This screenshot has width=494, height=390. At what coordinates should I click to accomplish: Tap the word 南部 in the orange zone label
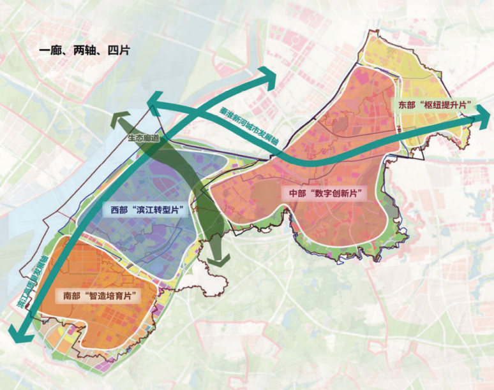tap(75, 296)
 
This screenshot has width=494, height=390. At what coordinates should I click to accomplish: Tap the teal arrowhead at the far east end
tap(481, 119)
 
